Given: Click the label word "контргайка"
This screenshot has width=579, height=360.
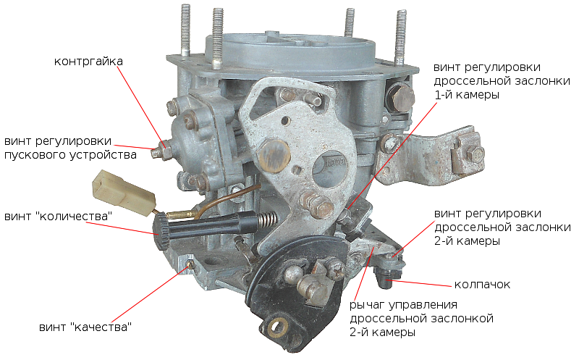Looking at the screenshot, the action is pos(88,62).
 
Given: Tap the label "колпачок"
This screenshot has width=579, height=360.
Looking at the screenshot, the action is pos(482,284).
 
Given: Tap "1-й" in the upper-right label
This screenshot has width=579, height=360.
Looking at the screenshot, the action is pos(444,95).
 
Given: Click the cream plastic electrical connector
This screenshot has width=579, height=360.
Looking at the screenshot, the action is pos(123,193).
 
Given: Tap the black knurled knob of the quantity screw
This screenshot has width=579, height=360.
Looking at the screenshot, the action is pos(161,232).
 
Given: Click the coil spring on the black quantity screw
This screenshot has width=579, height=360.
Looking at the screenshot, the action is pos(267,219).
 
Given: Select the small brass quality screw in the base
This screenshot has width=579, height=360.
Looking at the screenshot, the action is pos(190,264).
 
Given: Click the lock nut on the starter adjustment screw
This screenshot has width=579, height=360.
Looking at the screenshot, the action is pos(166,150).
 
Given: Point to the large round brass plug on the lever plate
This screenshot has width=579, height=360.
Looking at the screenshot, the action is pos(274,155).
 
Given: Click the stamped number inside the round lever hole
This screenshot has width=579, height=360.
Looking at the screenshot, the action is pos(335,162).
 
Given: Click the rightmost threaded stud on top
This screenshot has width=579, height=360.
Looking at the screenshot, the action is pos(401,38).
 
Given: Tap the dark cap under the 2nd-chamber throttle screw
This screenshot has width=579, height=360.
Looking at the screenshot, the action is pos(386,277).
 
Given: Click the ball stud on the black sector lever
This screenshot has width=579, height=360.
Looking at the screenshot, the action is pos(294,275).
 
